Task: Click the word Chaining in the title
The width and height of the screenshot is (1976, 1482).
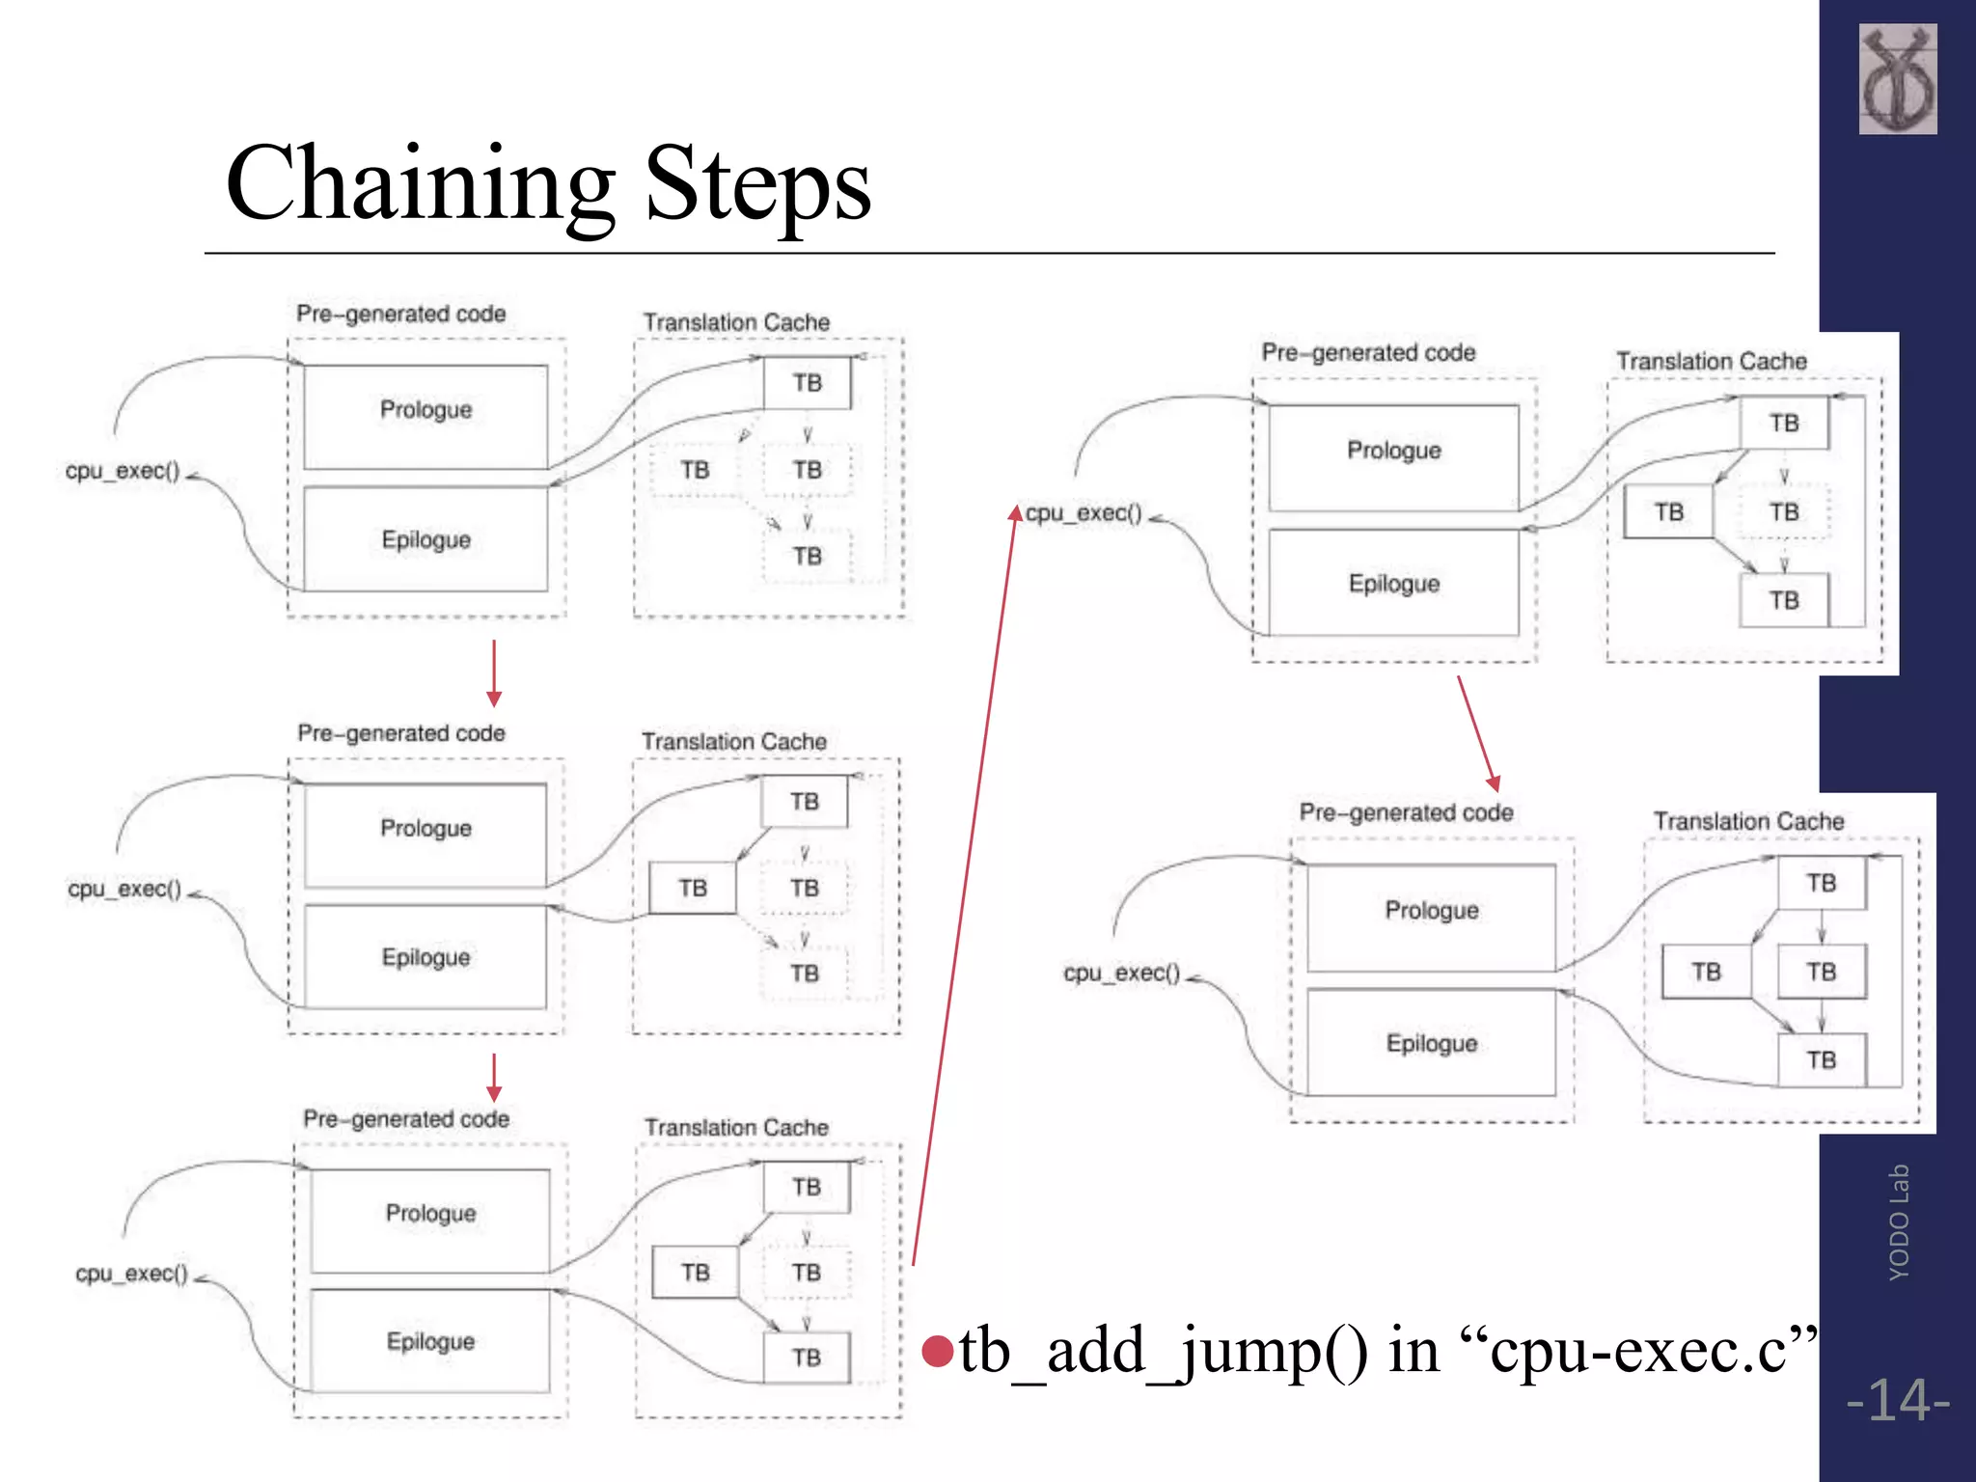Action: click(x=420, y=183)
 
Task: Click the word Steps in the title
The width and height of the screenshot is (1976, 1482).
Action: click(x=757, y=183)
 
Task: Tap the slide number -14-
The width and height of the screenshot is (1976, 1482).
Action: click(x=1897, y=1400)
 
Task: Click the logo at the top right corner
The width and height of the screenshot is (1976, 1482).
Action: click(x=1897, y=79)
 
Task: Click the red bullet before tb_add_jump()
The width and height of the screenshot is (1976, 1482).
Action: click(x=937, y=1351)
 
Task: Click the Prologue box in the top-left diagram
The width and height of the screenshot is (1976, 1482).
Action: click(x=425, y=416)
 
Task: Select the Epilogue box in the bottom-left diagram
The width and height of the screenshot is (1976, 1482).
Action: click(x=430, y=1340)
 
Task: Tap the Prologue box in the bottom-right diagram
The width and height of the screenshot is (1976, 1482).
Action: click(x=1431, y=917)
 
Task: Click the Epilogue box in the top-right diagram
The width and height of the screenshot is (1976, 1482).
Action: click(x=1393, y=583)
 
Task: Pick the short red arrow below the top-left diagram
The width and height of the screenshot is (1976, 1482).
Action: click(x=494, y=673)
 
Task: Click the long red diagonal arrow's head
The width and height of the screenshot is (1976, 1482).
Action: click(x=1015, y=512)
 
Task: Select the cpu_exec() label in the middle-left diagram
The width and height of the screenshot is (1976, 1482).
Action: click(x=124, y=889)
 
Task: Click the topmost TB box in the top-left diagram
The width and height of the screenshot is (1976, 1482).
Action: click(x=807, y=383)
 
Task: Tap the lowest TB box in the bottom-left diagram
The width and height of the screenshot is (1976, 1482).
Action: click(x=807, y=1358)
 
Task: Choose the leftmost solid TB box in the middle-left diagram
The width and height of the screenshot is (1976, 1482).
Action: click(x=692, y=888)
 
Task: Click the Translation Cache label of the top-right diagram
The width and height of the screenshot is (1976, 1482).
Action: click(x=1711, y=361)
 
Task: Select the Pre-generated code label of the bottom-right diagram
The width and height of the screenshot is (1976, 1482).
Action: click(x=1405, y=812)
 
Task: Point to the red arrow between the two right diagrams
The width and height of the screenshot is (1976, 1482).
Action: click(x=1477, y=733)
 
